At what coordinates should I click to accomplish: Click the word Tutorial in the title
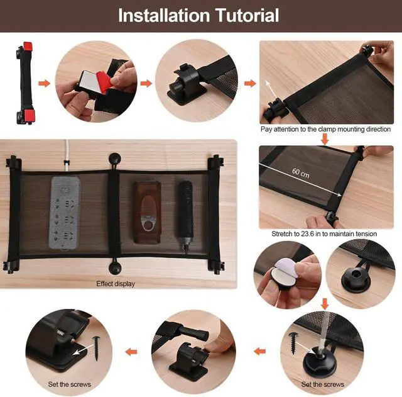coord(247,15)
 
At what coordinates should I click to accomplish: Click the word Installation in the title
coord(164,15)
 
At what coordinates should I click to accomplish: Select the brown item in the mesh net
coord(147,213)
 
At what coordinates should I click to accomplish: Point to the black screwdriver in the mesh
coord(186,216)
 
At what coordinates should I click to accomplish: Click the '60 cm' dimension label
coord(301,173)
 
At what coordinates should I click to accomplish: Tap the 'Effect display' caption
coord(116,284)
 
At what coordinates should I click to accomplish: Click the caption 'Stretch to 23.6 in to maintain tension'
coord(324,233)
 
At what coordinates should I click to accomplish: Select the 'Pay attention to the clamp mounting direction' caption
coord(325,129)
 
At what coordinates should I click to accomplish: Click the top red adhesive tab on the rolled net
coord(28,47)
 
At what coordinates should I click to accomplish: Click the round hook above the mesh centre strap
coord(114,160)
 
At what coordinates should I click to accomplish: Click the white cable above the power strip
coord(67,155)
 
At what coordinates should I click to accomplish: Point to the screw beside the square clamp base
coord(97,348)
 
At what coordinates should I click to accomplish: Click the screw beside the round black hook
coord(293,343)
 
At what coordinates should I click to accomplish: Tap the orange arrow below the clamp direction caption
coord(325,139)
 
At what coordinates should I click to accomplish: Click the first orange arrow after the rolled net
coord(44,83)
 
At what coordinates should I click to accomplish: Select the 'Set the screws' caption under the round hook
coord(322,384)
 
